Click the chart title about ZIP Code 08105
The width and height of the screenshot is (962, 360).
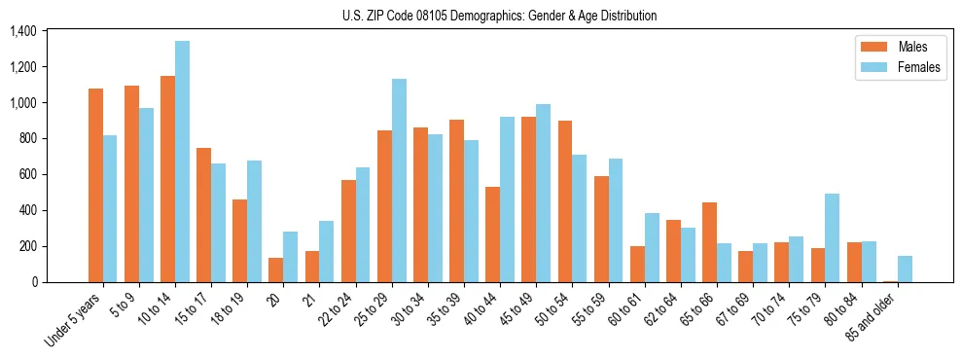(499, 16)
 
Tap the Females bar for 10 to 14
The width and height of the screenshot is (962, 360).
(182, 162)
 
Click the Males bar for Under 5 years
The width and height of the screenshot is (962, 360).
(95, 185)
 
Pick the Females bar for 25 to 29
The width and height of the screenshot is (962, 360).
(399, 180)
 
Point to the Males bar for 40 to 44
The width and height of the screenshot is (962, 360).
(492, 234)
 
